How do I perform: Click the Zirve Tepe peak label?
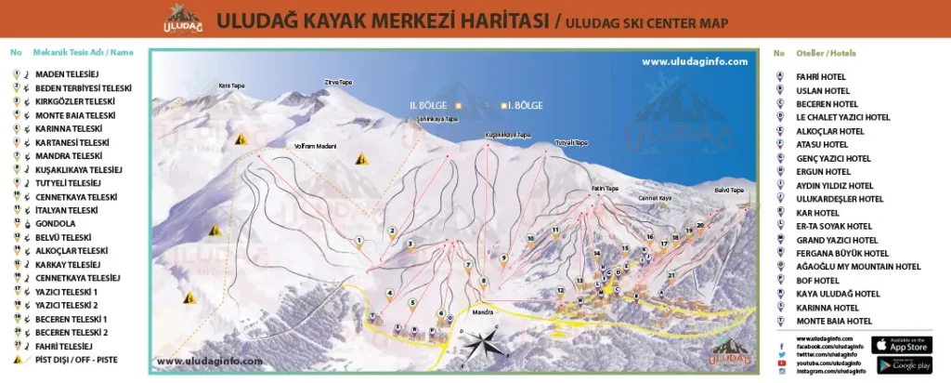(x=338, y=82)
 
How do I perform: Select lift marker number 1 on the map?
(x=358, y=241)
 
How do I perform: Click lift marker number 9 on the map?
(x=503, y=258)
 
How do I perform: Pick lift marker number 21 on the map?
(x=671, y=275)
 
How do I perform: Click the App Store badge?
(x=902, y=345)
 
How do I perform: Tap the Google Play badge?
(x=902, y=365)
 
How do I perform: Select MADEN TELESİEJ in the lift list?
(x=68, y=74)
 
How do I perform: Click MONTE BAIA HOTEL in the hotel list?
(x=834, y=321)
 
